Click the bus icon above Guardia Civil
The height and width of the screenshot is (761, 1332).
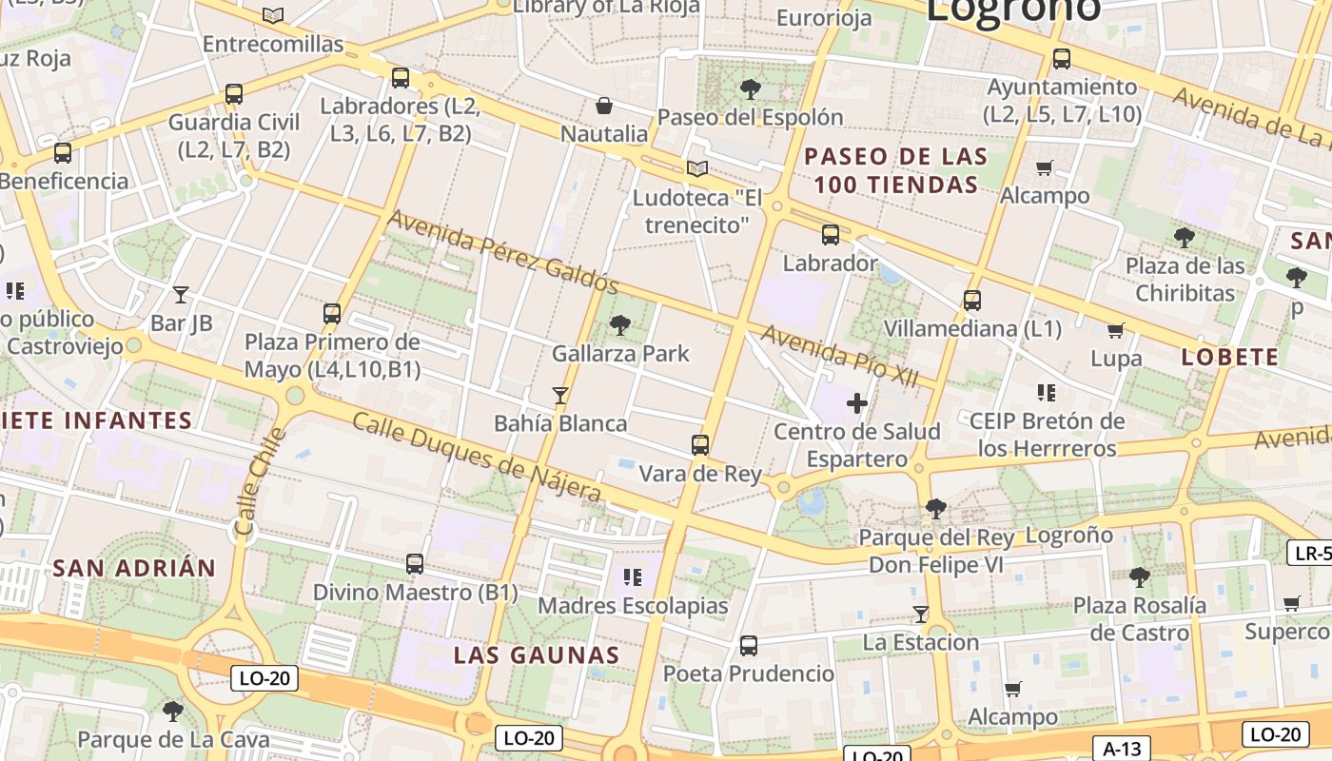coord(234,94)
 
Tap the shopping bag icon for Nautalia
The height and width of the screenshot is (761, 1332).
coord(603,105)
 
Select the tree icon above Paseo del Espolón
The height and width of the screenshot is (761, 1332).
coord(750,89)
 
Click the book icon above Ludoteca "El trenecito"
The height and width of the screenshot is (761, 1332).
coord(697,169)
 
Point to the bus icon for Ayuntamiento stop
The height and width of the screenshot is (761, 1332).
coord(1062,59)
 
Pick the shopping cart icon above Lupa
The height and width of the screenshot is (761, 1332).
coord(1116,331)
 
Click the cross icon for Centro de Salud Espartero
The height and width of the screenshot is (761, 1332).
coord(856,403)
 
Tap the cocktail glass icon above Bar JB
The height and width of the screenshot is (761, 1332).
coord(181,295)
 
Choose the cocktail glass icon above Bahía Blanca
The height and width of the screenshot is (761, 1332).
coord(560,395)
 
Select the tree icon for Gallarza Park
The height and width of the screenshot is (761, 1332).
coord(620,325)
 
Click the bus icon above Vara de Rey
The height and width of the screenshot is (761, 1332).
coord(700,444)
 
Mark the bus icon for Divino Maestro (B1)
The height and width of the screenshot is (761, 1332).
coord(415,564)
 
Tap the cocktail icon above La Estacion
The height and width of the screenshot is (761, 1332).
coord(920,614)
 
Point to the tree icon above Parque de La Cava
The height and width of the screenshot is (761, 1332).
coord(172,711)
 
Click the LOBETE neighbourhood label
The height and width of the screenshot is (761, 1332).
coord(1230,358)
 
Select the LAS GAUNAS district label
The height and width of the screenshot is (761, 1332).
coord(537,655)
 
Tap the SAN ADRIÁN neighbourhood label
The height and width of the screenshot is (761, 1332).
coord(134,569)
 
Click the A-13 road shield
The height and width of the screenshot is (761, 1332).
coord(1123,749)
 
